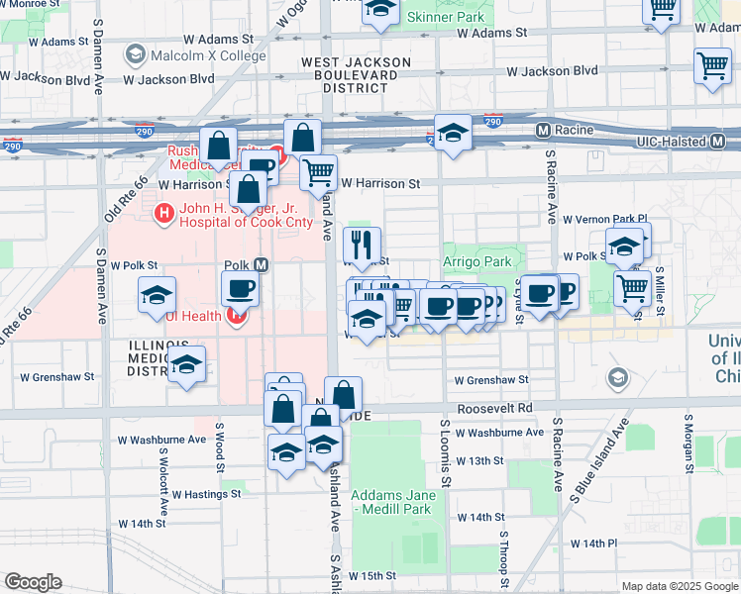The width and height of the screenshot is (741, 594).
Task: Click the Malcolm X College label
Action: point(208,54)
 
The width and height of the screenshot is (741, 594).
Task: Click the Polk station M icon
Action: point(262,265)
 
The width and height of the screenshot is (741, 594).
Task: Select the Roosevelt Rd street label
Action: point(494,408)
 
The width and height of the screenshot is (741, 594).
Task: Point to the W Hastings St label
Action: point(207,493)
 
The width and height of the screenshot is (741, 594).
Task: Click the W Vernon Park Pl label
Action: point(604,219)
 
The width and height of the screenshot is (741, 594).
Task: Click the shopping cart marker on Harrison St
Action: point(318,172)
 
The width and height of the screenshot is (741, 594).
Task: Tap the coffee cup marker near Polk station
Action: point(241,290)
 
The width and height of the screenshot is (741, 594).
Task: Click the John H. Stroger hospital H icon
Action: point(162,212)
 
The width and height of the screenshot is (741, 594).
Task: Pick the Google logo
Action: point(33,582)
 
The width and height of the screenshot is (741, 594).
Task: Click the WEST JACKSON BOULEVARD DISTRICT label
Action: point(356,74)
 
